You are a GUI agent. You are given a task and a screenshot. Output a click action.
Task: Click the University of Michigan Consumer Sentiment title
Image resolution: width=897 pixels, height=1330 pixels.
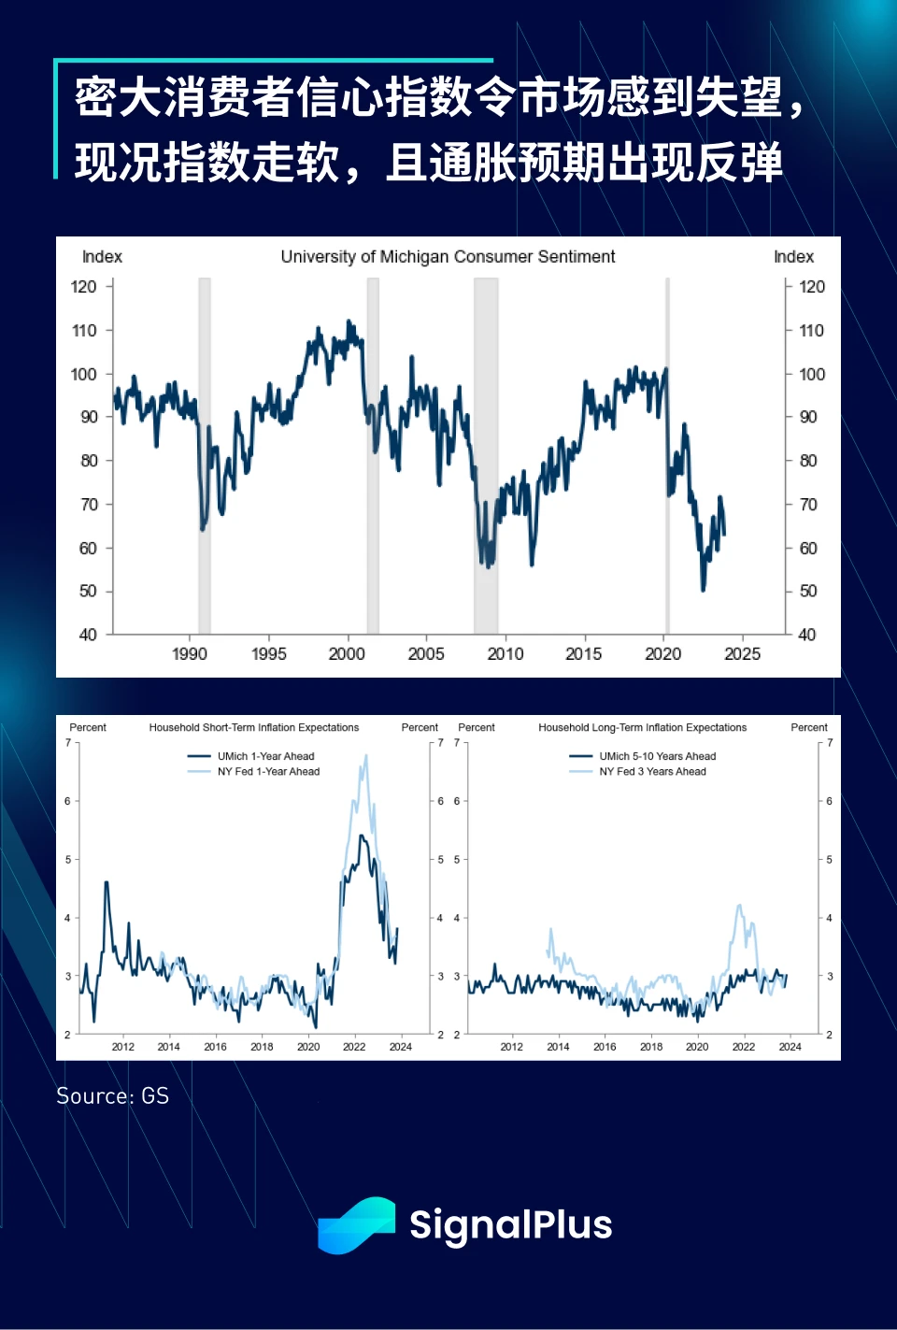(448, 257)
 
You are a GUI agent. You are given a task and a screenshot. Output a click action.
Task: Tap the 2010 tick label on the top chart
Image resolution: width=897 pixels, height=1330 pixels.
(505, 654)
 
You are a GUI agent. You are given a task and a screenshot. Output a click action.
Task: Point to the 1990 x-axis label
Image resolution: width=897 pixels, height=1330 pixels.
(190, 654)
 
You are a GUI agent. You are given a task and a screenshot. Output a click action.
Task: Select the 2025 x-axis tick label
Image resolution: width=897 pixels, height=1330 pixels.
(743, 654)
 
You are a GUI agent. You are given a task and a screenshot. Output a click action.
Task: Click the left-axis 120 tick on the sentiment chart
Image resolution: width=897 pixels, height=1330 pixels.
(84, 287)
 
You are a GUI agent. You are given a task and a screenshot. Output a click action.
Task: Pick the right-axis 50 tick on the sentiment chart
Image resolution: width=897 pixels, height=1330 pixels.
(808, 592)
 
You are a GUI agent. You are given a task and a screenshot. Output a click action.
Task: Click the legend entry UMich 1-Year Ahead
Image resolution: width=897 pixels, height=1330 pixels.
(265, 756)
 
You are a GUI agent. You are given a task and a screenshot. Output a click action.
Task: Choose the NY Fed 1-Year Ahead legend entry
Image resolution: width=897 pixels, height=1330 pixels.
(268, 772)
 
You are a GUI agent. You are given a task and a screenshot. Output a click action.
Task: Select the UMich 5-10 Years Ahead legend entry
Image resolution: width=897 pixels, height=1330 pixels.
(657, 756)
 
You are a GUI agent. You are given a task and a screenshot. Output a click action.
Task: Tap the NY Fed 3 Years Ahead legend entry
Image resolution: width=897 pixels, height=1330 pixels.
(652, 772)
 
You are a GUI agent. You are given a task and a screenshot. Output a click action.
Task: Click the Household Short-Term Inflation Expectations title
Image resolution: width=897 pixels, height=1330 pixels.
(254, 727)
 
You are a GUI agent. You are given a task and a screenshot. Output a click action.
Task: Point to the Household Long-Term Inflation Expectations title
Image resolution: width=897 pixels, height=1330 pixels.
(643, 727)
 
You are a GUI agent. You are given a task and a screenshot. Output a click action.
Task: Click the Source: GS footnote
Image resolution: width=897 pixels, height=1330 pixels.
(113, 1096)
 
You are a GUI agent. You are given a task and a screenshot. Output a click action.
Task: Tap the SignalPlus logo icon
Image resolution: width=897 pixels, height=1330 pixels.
(356, 1224)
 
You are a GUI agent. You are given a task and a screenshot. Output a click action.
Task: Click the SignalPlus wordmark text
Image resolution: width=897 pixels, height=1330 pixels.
(510, 1224)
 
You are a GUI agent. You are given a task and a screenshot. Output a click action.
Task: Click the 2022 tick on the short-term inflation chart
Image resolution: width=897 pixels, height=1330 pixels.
(354, 1047)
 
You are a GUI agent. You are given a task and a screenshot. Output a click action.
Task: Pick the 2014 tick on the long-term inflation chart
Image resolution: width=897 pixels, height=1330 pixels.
(558, 1047)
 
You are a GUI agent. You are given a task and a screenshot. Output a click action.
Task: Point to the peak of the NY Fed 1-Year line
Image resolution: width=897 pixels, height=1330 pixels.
(365, 755)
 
